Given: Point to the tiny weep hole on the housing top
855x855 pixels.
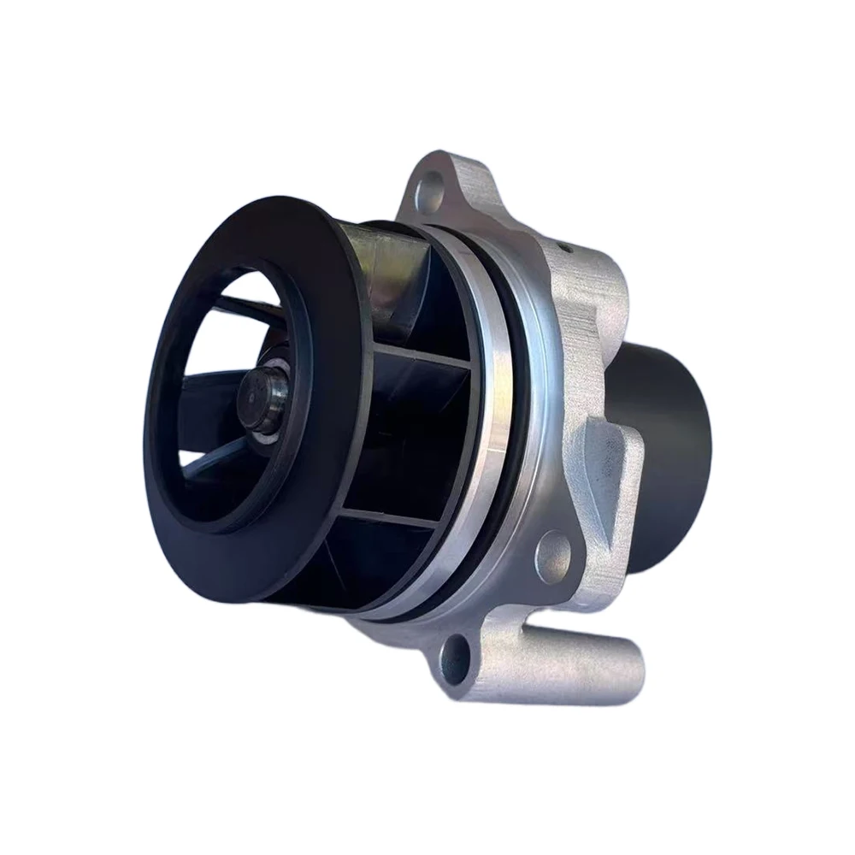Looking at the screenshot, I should [x=566, y=248].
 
